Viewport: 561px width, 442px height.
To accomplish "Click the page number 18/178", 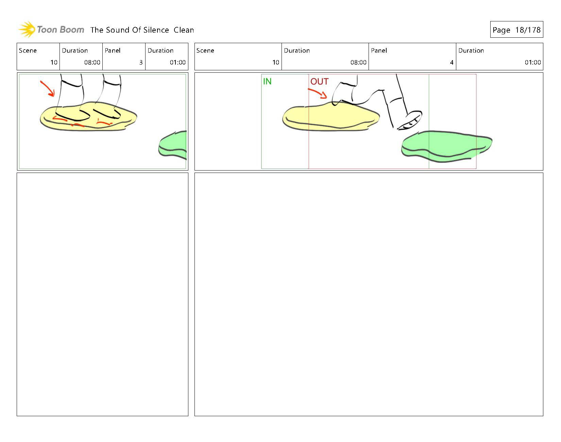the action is tap(528, 30).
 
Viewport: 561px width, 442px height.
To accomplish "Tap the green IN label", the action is tap(267, 82).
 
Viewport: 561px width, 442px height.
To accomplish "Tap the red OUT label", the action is tap(319, 82).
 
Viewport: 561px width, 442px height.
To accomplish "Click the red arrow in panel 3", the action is tap(48, 88).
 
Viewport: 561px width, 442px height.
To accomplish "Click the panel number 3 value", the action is tap(141, 63).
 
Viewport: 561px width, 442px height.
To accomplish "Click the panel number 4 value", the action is tap(452, 63).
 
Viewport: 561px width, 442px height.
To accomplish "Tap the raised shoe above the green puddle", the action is tap(410, 121).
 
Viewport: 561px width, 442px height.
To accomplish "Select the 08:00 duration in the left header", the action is tap(92, 63).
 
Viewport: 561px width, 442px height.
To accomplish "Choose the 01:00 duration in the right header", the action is tap(532, 63).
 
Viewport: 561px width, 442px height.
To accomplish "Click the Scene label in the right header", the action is tap(205, 51).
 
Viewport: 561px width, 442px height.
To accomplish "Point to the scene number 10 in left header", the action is tap(54, 63).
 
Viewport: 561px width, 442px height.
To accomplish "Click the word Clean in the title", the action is tap(184, 30).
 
